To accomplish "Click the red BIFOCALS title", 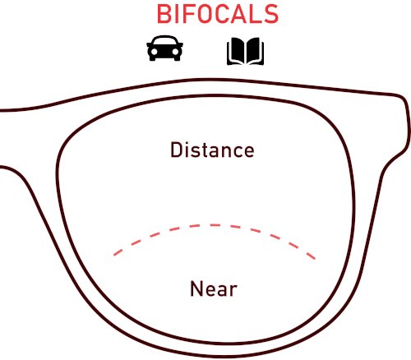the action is click(218, 14).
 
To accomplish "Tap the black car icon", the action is click(164, 48).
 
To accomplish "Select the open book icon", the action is click(245, 52).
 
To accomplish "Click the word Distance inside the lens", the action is click(212, 150).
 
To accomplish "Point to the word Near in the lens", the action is click(214, 288).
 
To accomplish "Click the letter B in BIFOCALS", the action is click(164, 14).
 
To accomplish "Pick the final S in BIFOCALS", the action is click(271, 14).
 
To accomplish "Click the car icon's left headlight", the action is click(154, 52).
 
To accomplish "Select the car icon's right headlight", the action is click(175, 52).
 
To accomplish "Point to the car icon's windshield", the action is click(164, 41).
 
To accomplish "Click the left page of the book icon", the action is click(236, 50).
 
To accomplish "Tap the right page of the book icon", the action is click(254, 50).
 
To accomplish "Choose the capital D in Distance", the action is click(176, 150).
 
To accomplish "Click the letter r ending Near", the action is click(233, 291).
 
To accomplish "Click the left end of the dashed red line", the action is click(114, 256).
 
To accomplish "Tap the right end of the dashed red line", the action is click(316, 259).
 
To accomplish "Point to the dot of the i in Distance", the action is click(187, 143).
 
